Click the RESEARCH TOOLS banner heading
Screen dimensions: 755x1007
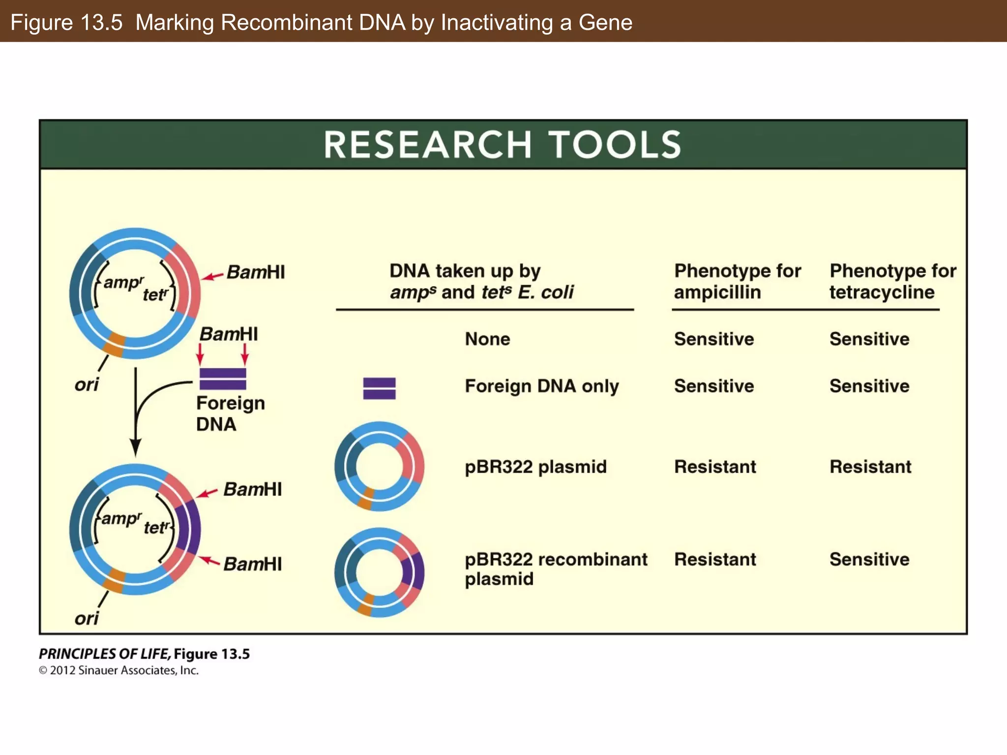[503, 145]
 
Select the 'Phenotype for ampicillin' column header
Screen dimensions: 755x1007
[737, 281]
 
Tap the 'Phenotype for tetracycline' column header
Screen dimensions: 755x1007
[892, 281]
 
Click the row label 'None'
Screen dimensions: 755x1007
[487, 339]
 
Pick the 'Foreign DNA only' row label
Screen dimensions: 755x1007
[541, 386]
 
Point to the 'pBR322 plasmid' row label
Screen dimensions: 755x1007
[535, 466]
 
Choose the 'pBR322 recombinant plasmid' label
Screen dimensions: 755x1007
[556, 569]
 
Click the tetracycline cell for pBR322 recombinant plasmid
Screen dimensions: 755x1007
[869, 559]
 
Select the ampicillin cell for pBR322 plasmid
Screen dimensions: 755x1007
[714, 466]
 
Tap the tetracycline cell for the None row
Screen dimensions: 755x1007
[869, 339]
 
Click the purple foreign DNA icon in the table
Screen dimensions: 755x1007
[379, 388]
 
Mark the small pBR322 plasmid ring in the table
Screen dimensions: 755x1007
[379, 466]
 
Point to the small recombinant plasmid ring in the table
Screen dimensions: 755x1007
[379, 572]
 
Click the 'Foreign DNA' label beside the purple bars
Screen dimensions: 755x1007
[230, 413]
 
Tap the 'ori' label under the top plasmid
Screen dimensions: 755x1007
[87, 384]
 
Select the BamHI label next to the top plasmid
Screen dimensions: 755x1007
[255, 272]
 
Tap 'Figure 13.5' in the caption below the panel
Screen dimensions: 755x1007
[211, 654]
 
